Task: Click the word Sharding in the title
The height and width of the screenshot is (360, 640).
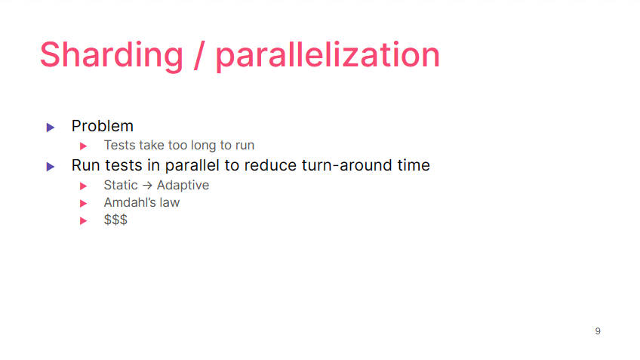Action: coord(112,56)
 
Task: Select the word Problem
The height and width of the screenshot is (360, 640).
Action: coord(103,126)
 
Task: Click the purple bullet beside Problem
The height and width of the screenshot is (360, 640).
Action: coord(51,128)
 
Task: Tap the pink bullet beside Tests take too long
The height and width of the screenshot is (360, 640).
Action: coord(83,146)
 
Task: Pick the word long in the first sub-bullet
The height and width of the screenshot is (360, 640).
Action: coord(204,146)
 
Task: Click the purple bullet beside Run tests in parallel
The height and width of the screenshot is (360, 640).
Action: coord(51,167)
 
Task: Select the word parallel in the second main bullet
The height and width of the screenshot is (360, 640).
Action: coord(192,165)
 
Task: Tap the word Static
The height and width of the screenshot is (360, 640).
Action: coord(121,186)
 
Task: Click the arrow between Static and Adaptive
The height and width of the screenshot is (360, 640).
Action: coord(147,186)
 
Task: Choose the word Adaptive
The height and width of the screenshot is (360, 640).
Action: coord(183,186)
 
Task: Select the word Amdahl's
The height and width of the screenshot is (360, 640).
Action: coord(130,202)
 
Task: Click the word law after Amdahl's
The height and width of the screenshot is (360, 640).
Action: coord(169,202)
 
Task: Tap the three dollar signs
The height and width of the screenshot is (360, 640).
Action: coord(115,220)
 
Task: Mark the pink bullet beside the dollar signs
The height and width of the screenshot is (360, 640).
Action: coord(83,221)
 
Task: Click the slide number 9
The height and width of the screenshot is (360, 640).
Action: coord(598,331)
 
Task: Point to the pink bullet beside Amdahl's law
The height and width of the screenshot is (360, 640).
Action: coord(83,203)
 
